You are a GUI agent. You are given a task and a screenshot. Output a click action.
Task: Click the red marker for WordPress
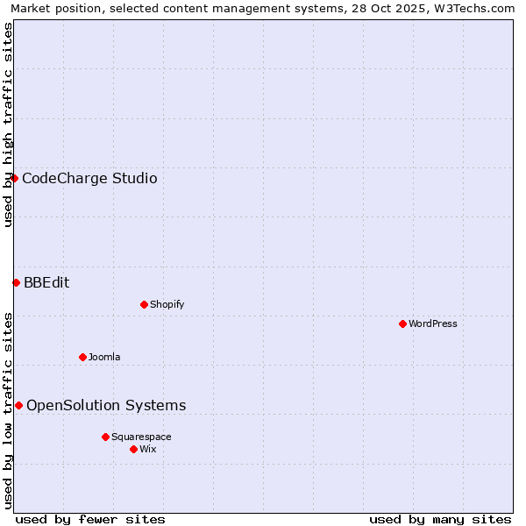coord(402,323)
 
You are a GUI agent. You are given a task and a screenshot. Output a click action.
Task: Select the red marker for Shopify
coord(144,304)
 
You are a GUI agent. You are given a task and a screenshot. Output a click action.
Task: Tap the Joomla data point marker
coord(82,357)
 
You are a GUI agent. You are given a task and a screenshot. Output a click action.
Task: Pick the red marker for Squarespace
coord(105,437)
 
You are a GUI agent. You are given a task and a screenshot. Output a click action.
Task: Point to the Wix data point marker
coord(133,449)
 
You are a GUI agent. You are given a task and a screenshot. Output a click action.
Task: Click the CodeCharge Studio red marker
coord(14,178)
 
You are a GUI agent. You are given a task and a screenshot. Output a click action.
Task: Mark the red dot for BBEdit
coord(16,282)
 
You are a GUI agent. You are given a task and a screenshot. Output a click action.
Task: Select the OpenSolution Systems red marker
coord(18,405)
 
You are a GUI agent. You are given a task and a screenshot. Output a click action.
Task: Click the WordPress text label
coord(433,323)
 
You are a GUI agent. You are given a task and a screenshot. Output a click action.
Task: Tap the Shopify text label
coord(167,304)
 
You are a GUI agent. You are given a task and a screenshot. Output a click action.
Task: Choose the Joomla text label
coord(104,357)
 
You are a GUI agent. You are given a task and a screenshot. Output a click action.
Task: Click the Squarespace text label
coord(141,437)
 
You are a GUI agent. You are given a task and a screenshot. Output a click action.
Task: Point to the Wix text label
coord(148,449)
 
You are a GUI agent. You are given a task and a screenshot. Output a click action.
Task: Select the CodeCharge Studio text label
coord(89,179)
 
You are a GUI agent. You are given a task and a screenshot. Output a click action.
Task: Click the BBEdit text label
coord(46,282)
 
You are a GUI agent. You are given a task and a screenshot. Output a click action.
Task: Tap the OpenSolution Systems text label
coord(106,405)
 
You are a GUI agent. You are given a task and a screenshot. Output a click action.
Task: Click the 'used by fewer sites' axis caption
coord(90,519)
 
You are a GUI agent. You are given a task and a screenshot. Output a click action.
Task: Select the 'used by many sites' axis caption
coord(440,519)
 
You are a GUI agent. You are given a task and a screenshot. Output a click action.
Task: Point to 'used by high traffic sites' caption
coord(8,124)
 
